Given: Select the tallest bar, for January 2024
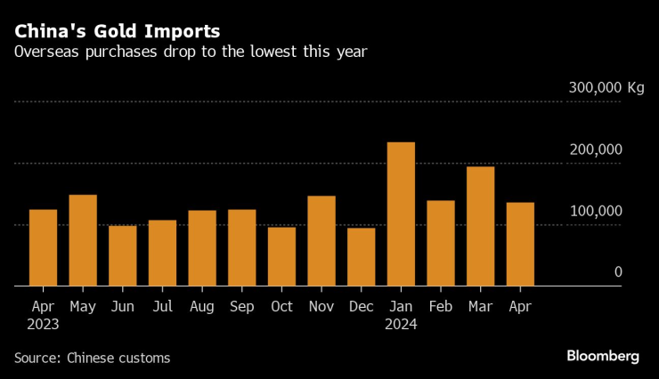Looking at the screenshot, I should tap(401, 214).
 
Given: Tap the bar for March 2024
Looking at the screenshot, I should tap(480, 226).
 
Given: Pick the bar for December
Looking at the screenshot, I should tap(361, 257).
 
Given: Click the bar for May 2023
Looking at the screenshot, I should tap(83, 240).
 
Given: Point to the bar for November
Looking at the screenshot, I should tap(321, 241).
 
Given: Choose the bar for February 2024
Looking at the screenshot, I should tap(441, 243).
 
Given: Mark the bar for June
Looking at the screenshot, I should tap(123, 256).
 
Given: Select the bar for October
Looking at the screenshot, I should tap(281, 256).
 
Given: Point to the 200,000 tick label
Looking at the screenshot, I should tap(595, 149).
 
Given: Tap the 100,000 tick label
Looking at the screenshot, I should tap(595, 211).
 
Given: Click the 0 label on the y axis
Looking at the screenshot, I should tap(617, 272).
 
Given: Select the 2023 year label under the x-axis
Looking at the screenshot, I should tap(43, 325).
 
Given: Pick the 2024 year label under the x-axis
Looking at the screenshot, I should tap(401, 325).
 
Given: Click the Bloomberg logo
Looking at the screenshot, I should tap(603, 356).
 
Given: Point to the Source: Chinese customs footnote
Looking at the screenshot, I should tap(92, 358).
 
